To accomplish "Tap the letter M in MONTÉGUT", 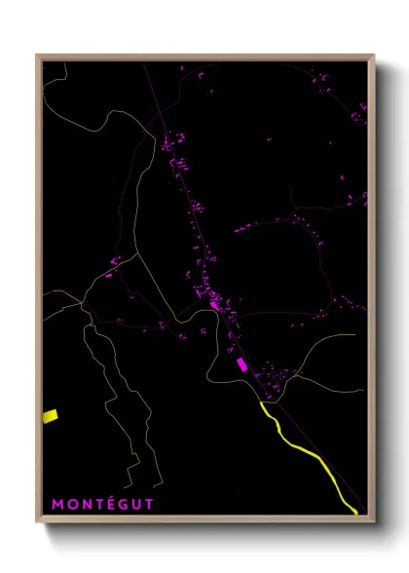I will (x=57, y=504).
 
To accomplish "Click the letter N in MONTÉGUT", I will (x=82, y=504).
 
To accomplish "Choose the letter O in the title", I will (x=70, y=504).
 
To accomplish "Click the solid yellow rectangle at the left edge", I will (x=51, y=416).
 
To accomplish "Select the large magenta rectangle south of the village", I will (x=242, y=363).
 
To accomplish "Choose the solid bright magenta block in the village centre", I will (x=214, y=305).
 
